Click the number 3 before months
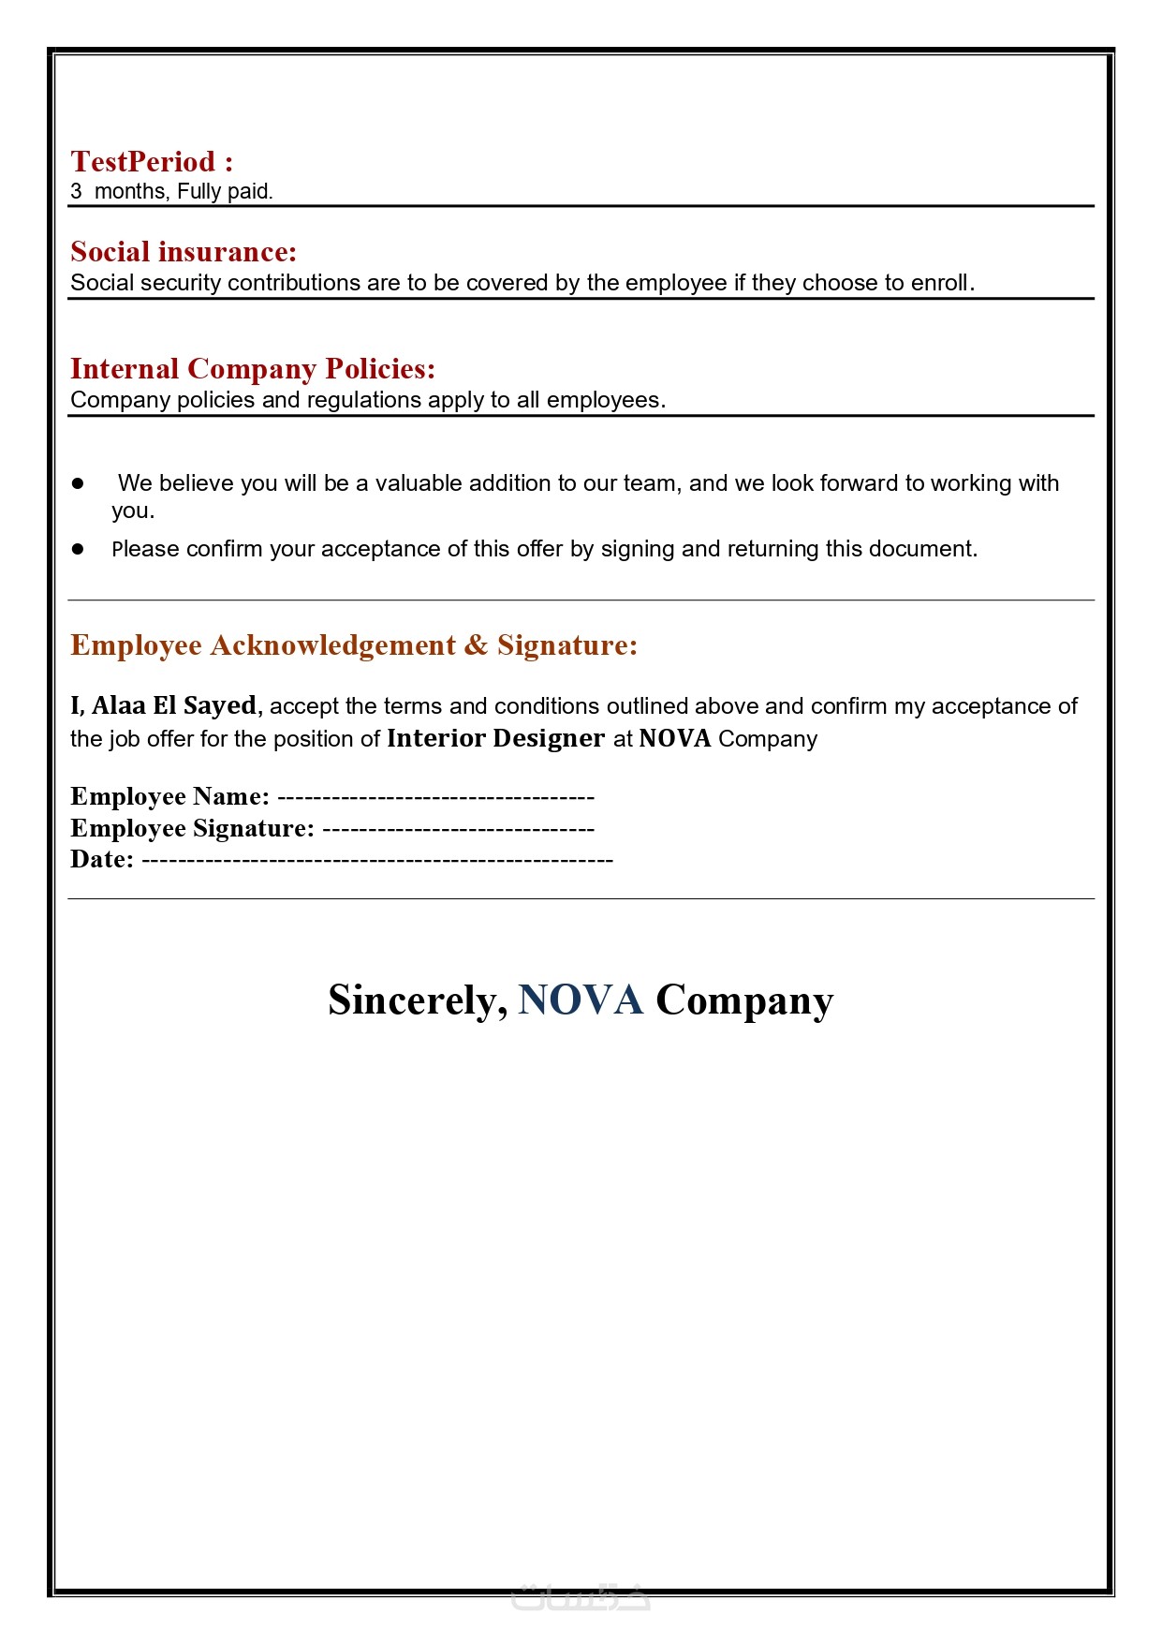76,192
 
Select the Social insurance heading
184,252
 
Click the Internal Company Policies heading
253,369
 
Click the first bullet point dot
79,483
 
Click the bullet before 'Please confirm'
79,549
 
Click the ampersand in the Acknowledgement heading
476,645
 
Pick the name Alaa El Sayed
174,705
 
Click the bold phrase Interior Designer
495,738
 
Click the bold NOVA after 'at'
674,738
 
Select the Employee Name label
169,796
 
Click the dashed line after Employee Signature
458,829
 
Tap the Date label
101,859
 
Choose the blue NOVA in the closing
581,1000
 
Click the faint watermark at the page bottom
581,1598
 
